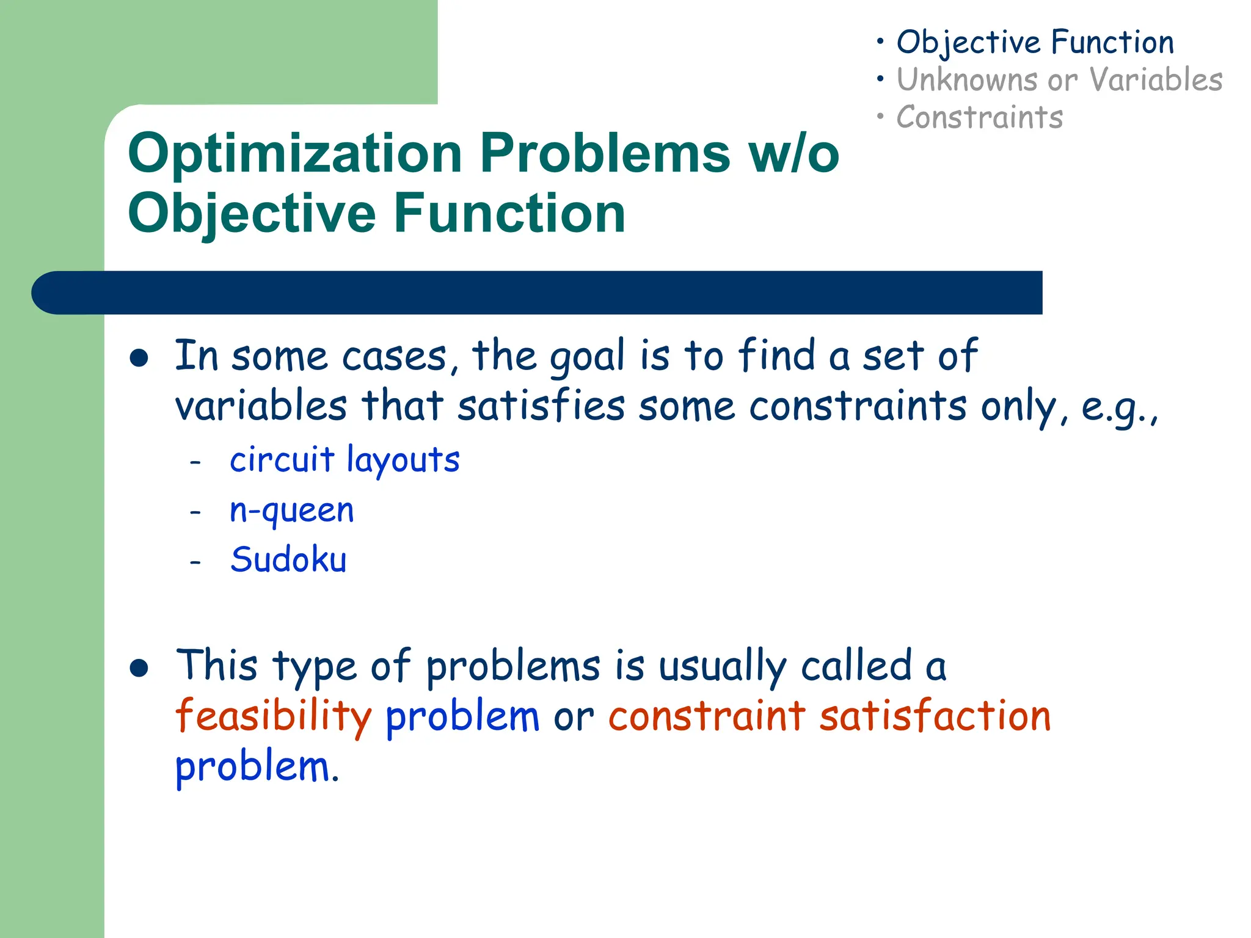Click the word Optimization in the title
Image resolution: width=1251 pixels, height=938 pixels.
coord(295,153)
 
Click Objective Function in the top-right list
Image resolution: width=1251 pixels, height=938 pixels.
coord(1035,43)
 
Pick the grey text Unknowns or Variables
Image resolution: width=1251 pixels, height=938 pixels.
coord(1059,80)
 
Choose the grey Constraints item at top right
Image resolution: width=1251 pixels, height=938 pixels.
coord(979,117)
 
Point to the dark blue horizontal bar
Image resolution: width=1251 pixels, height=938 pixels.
coord(538,293)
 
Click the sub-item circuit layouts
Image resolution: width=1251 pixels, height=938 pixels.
coord(345,459)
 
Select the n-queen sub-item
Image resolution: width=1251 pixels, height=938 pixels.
coord(291,511)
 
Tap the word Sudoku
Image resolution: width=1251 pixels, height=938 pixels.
coord(288,560)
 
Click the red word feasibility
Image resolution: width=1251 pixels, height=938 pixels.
coord(273,716)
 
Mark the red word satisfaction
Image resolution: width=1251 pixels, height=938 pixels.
coord(935,716)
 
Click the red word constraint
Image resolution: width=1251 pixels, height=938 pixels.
coord(706,716)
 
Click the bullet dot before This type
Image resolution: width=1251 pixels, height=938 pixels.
coord(139,668)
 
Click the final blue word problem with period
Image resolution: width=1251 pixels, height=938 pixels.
coord(257,767)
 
